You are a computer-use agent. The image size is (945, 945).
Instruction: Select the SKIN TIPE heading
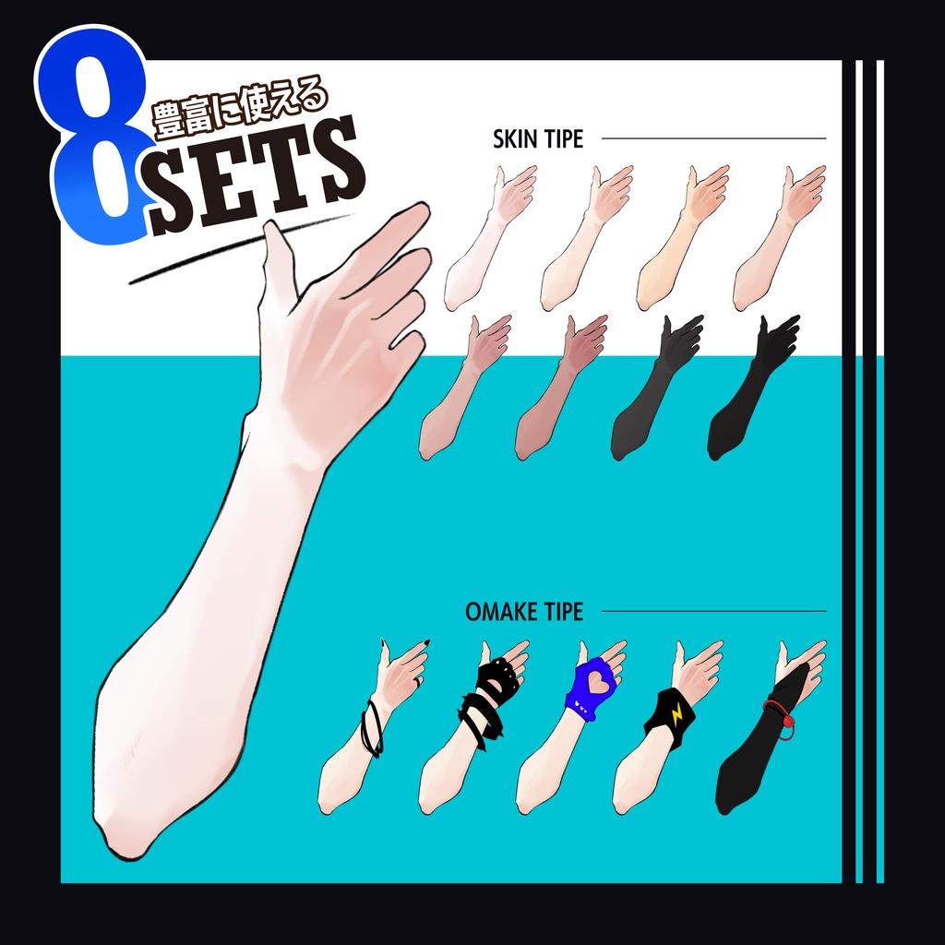point(538,139)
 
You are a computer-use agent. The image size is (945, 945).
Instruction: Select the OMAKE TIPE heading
point(524,612)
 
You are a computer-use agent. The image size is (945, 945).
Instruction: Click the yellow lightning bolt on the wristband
point(676,712)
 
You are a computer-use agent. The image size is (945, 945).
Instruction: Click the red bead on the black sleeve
point(786,720)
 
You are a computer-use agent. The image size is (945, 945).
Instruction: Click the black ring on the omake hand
point(417,682)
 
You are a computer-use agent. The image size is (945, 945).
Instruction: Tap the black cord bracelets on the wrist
point(372,729)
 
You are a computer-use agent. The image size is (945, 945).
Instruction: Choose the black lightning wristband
point(670,713)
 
